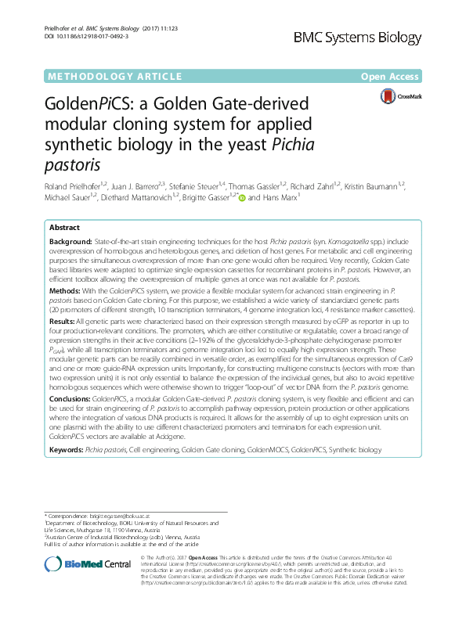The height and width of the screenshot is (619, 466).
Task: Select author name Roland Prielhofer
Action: point(63,188)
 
